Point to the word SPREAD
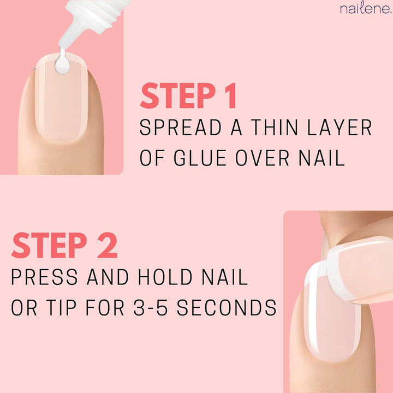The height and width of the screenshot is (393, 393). pyautogui.click(x=176, y=128)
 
